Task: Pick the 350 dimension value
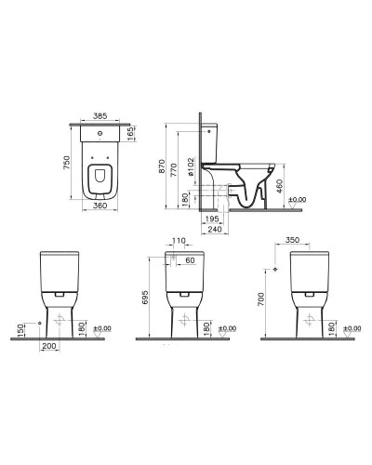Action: point(293,239)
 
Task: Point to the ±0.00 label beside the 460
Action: point(298,200)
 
